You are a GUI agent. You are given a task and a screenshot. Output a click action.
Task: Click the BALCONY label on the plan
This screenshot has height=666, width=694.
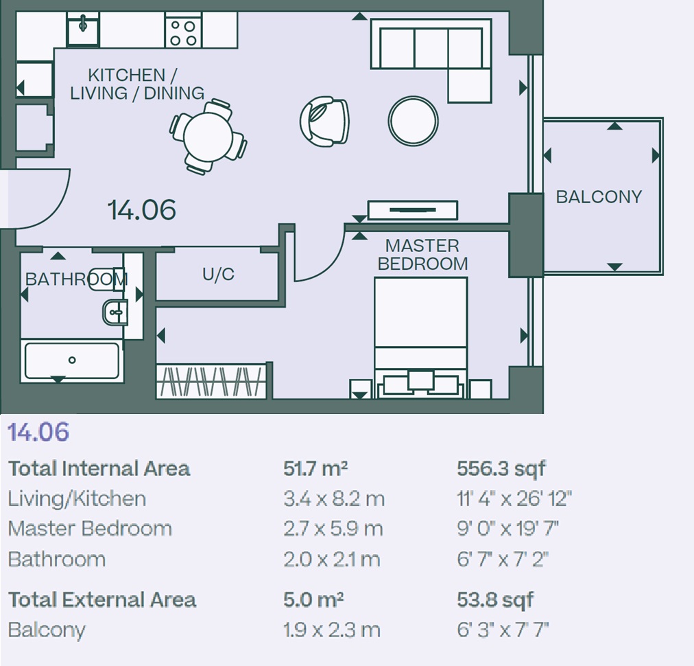click(599, 197)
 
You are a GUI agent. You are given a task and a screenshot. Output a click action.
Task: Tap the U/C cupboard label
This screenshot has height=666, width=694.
click(218, 274)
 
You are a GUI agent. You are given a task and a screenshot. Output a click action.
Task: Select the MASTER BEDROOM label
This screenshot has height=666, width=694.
click(422, 254)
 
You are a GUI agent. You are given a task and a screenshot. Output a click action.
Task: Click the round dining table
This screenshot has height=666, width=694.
click(208, 135)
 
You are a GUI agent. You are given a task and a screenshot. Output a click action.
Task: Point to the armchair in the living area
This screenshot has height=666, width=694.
click(324, 121)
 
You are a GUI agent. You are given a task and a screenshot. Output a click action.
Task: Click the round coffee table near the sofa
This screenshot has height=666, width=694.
click(414, 121)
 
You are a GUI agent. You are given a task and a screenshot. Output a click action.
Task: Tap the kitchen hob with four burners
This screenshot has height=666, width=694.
click(183, 30)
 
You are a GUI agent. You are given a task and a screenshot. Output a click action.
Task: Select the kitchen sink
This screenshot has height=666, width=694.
click(83, 29)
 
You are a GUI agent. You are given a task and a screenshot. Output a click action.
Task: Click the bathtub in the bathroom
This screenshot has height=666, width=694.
click(72, 361)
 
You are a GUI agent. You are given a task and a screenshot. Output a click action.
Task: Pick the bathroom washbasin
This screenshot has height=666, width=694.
click(115, 312)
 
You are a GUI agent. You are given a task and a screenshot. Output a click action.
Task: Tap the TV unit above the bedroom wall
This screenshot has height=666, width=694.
click(413, 210)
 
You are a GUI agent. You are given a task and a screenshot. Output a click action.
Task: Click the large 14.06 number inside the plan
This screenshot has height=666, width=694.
click(142, 209)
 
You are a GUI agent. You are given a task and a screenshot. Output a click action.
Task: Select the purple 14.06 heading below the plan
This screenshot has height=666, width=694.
click(39, 432)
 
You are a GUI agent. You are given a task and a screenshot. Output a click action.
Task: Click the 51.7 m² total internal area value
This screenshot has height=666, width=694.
click(315, 468)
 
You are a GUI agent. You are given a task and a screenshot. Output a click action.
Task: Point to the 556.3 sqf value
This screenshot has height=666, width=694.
click(501, 469)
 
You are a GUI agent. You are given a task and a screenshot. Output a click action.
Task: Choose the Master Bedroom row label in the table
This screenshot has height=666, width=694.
click(90, 529)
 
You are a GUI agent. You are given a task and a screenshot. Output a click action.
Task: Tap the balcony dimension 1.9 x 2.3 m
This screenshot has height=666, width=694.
click(331, 630)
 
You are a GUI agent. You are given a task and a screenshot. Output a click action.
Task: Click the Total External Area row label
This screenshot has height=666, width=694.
click(102, 600)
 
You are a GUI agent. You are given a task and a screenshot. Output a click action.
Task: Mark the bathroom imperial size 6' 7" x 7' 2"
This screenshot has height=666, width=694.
click(503, 559)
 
